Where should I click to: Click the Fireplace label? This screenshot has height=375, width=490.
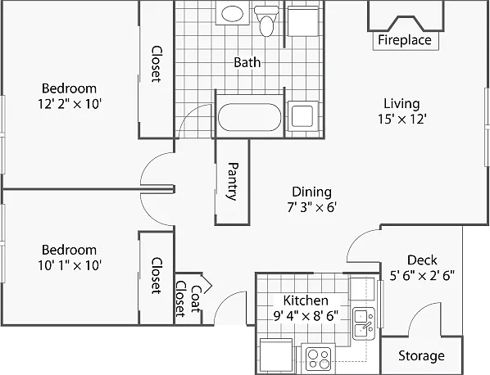405,40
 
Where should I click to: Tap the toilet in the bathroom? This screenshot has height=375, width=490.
266,21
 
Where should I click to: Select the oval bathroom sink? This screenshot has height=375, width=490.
232,14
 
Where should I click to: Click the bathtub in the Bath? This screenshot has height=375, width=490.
249,117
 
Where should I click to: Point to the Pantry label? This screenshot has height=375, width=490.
232,181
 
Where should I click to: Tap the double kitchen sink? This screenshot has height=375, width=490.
364,323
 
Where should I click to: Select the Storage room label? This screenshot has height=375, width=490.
421,355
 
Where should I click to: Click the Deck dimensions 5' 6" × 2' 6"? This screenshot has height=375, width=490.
422,275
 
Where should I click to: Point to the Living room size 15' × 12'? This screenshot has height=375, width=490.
402,119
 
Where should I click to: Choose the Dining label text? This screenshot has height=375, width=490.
311,192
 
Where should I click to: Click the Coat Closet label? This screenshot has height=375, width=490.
188,299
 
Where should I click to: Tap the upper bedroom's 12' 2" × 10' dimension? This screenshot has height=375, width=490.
69,104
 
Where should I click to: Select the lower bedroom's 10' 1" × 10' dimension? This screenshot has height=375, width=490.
69,265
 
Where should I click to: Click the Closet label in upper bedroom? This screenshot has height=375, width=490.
156,64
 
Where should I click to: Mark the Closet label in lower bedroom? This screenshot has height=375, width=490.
156,275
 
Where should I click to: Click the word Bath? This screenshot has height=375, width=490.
247,62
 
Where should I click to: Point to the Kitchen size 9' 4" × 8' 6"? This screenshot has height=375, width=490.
306,316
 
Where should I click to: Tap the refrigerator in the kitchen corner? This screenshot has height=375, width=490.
276,355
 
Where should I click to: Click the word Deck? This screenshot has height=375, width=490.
422,260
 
